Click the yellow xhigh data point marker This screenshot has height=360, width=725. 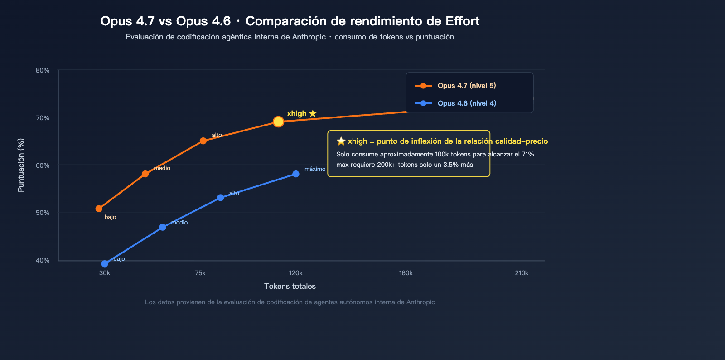point(278,122)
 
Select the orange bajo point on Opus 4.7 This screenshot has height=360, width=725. point(99,209)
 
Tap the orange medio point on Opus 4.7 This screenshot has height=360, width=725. point(145,174)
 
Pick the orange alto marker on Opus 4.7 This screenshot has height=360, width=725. point(203,141)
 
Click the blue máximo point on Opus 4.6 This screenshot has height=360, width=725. point(295,174)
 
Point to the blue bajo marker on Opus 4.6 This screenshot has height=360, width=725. point(105,263)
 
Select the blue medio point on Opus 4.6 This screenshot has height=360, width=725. point(162,227)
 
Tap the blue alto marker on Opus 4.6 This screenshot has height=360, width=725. point(220,198)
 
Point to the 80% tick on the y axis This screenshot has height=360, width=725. point(43,70)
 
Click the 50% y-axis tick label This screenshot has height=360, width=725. point(43,213)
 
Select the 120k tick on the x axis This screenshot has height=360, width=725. point(295,273)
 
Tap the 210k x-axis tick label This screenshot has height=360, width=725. point(522,273)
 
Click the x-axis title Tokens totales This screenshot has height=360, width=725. point(290,286)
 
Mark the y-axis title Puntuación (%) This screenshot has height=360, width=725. point(21,165)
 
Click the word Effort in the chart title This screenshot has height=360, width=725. point(462,21)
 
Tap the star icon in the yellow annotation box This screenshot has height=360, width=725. point(341,141)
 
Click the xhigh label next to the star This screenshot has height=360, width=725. point(297,113)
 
